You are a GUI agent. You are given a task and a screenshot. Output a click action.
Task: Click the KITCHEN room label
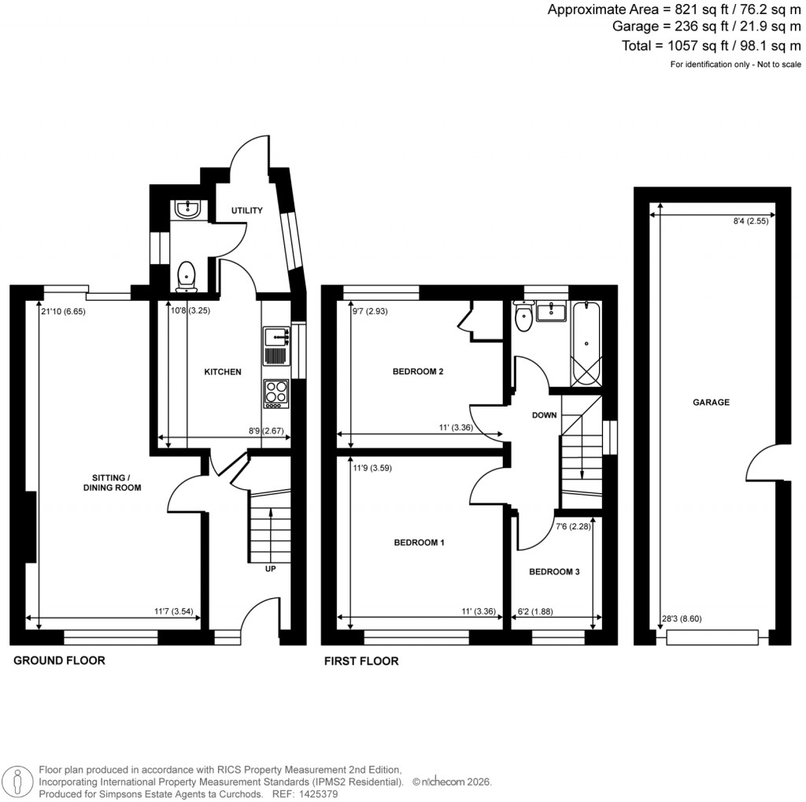pyautogui.click(x=223, y=372)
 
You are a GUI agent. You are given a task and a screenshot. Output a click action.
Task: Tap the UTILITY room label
pyautogui.click(x=246, y=210)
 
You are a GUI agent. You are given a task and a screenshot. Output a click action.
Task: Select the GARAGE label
pyautogui.click(x=711, y=402)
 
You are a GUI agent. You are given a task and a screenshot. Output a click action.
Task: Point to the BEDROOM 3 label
pyautogui.click(x=554, y=572)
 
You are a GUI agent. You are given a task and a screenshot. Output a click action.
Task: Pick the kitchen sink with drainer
pyautogui.click(x=276, y=346)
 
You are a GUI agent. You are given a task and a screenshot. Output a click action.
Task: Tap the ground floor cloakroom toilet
pyautogui.click(x=187, y=275)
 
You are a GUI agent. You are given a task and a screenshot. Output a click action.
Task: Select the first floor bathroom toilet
pyautogui.click(x=523, y=319)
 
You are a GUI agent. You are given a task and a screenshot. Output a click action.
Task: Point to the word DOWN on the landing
pyautogui.click(x=544, y=415)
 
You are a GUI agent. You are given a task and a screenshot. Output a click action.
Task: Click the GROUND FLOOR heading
pyautogui.click(x=59, y=660)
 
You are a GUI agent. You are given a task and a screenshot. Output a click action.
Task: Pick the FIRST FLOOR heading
pyautogui.click(x=361, y=661)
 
